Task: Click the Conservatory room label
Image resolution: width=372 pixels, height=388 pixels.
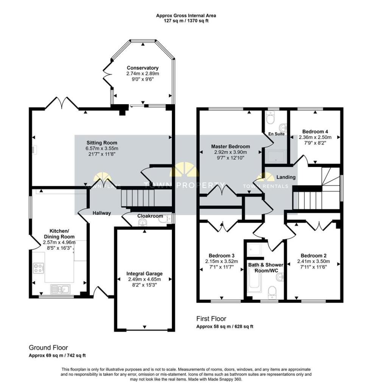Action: click(x=142, y=68)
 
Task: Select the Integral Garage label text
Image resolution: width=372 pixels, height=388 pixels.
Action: click(x=144, y=274)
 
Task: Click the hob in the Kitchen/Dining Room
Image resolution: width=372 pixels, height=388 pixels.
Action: click(x=38, y=269)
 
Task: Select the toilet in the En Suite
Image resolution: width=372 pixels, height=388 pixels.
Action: click(x=270, y=119)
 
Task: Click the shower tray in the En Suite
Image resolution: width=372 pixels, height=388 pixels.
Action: click(x=276, y=157)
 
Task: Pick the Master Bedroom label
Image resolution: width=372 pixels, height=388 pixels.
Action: click(x=230, y=146)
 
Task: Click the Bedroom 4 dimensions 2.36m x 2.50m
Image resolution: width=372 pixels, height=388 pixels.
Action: click(x=315, y=138)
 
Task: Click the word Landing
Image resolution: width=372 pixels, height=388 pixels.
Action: click(x=286, y=177)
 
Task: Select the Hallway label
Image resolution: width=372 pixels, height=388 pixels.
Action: click(x=102, y=213)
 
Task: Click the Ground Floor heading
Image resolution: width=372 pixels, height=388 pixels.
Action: click(x=48, y=347)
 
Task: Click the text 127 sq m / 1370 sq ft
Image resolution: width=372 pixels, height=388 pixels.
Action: click(x=186, y=21)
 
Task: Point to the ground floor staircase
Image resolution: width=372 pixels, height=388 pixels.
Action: click(x=138, y=198)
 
